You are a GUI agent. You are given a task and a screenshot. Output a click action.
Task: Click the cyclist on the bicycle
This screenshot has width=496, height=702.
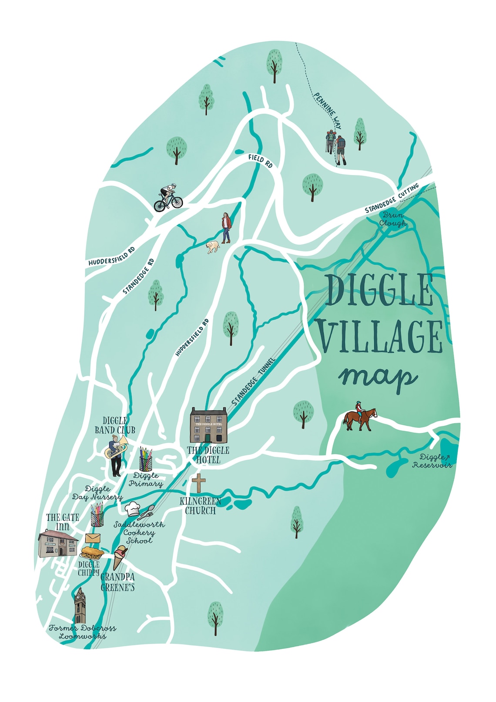(168, 198)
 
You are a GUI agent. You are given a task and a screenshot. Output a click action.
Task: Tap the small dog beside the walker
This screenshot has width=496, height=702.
(213, 247)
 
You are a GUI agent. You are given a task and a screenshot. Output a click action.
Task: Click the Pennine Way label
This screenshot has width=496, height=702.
(328, 111)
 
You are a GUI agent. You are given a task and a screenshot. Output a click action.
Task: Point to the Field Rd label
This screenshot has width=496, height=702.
(260, 161)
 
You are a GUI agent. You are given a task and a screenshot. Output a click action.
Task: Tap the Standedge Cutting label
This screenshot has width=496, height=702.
(392, 199)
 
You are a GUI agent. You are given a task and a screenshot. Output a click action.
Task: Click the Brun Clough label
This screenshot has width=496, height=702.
(393, 219)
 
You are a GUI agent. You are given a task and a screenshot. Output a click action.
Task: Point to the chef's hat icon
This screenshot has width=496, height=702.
(132, 508)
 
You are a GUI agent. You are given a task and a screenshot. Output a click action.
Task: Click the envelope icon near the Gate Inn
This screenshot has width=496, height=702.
(93, 538)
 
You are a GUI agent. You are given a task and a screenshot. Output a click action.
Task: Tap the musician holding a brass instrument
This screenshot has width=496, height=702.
(116, 455)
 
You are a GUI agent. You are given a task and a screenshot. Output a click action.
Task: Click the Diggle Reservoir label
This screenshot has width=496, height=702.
(432, 461)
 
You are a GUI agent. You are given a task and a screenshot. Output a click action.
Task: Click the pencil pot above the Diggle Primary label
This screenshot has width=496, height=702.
(146, 459)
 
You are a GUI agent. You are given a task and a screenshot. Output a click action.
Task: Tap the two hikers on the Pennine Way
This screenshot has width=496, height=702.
(336, 147)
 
